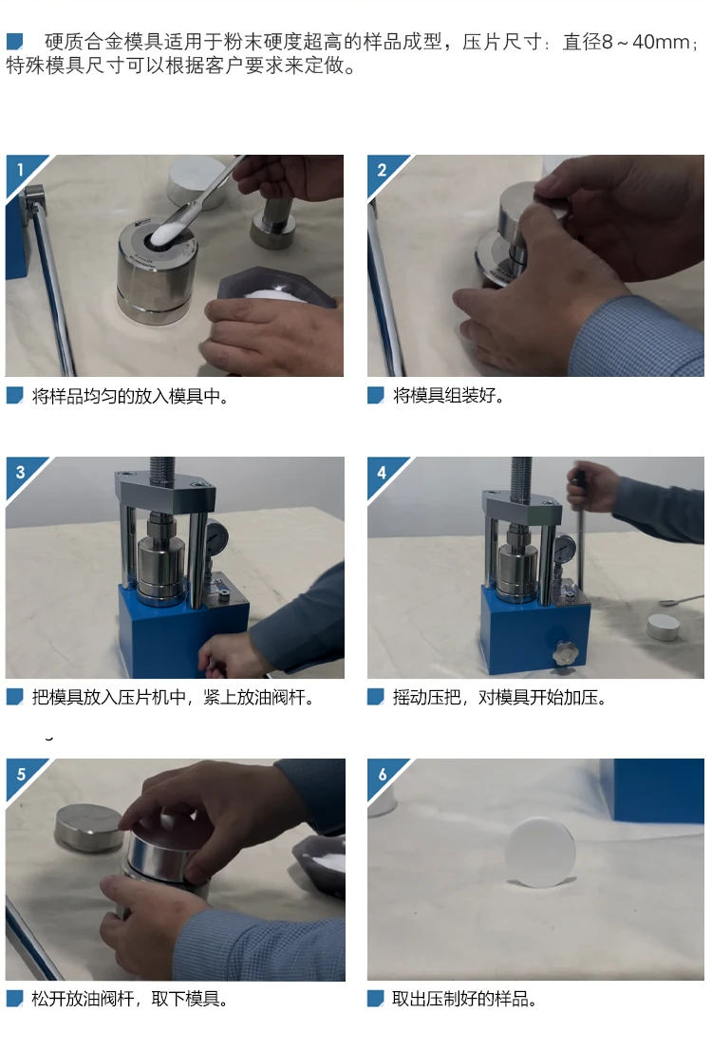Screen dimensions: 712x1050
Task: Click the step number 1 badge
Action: point(20,169)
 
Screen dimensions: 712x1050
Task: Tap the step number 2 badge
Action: point(382,169)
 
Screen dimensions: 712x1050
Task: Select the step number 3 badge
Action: point(20,472)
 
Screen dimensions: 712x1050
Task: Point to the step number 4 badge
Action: point(382,472)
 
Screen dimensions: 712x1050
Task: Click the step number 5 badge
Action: point(21,774)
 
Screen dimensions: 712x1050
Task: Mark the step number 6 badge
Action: point(383,774)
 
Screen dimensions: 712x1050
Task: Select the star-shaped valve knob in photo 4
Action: point(564,652)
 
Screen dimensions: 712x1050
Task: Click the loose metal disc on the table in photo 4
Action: point(663,628)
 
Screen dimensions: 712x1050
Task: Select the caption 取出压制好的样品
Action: point(464,999)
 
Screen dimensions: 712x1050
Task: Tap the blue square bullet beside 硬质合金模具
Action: point(15,42)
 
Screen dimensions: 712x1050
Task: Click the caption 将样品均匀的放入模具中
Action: point(131,397)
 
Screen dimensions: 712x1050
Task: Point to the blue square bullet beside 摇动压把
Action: point(376,697)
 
